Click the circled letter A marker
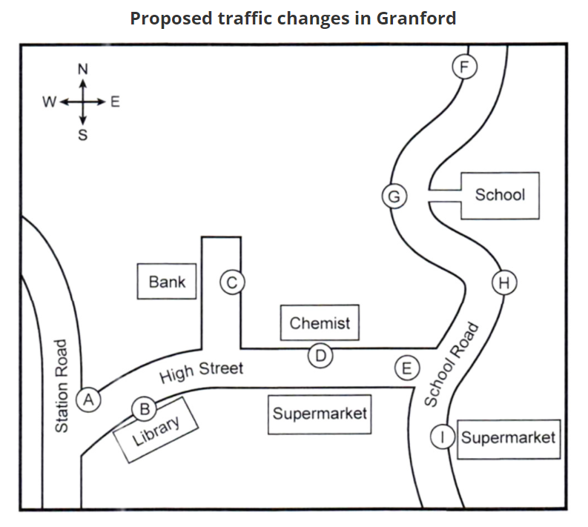click(88, 400)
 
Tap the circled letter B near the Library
click(144, 409)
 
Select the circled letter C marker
click(232, 282)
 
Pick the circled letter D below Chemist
click(320, 355)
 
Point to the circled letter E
click(407, 368)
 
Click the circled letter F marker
click(464, 67)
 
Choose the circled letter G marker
click(394, 196)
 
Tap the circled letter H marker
click(504, 282)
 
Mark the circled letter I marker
click(443, 437)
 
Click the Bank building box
click(167, 282)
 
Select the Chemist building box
click(320, 322)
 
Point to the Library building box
click(156, 430)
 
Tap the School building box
click(500, 196)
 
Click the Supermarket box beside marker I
click(509, 440)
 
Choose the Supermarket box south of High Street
click(320, 414)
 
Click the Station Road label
click(62, 386)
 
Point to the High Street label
click(202, 371)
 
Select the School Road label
click(452, 365)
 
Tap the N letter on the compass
click(83, 69)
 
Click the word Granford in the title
click(416, 18)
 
